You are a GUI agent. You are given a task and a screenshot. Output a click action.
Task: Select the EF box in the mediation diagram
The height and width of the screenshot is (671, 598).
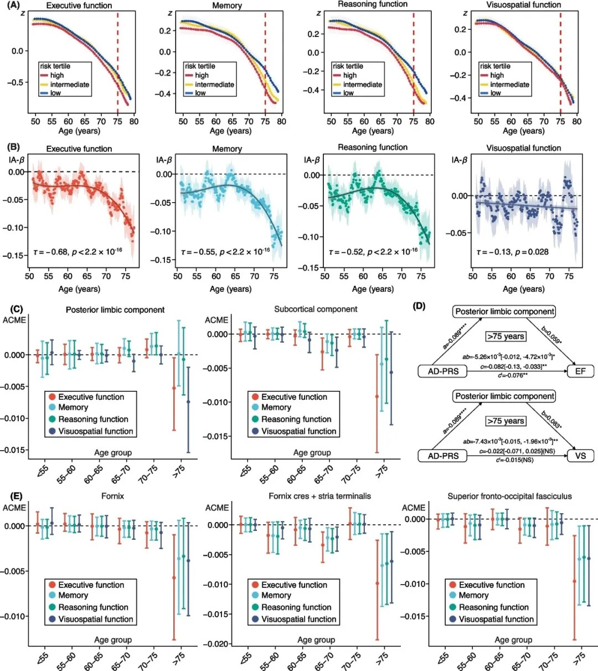tap(580, 371)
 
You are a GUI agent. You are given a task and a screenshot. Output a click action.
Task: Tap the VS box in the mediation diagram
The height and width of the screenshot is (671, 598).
tap(580, 456)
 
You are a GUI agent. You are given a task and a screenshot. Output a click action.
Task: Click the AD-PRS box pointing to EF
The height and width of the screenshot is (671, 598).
tap(443, 371)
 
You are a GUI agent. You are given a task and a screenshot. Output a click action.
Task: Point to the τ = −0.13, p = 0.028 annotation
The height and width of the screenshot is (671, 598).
tap(513, 252)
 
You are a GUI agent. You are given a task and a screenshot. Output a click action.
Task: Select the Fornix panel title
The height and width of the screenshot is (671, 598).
tap(112, 496)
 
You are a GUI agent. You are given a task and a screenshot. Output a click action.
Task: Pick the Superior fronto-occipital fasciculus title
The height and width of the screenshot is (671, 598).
tap(509, 496)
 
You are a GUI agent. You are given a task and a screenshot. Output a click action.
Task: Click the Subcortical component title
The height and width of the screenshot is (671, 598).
tap(316, 309)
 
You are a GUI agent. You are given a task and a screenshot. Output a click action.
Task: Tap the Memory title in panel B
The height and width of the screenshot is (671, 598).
tap(227, 149)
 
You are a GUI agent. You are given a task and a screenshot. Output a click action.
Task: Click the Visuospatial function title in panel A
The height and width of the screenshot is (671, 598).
tap(523, 5)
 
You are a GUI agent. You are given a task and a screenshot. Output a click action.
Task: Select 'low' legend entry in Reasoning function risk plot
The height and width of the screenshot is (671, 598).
tap(348, 93)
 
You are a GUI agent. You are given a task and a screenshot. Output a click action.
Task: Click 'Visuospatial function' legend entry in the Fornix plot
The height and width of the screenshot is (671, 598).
tap(96, 619)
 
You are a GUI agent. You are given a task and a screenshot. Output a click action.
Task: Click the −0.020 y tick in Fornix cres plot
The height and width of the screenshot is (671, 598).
tap(216, 644)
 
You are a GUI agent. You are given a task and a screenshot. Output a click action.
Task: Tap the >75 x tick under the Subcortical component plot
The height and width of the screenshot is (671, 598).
tap(382, 472)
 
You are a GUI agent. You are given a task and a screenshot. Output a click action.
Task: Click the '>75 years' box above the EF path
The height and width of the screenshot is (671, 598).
tap(505, 337)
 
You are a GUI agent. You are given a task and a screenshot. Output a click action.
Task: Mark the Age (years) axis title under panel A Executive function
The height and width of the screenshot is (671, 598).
tap(79, 131)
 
